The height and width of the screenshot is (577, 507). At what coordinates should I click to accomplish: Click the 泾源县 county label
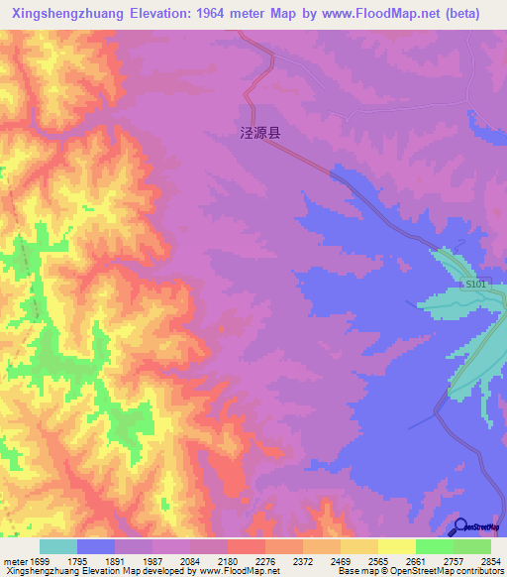click(x=260, y=130)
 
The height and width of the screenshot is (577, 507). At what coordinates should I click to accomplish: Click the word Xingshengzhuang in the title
click(x=61, y=14)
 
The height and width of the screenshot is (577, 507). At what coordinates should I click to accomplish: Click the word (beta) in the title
click(x=457, y=14)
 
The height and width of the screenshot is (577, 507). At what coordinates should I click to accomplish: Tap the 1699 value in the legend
click(x=41, y=561)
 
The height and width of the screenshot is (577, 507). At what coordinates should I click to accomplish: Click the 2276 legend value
click(x=250, y=561)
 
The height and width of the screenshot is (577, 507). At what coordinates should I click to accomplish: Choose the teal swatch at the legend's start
click(x=57, y=546)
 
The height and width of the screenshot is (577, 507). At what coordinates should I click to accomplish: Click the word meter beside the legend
click(x=15, y=561)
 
